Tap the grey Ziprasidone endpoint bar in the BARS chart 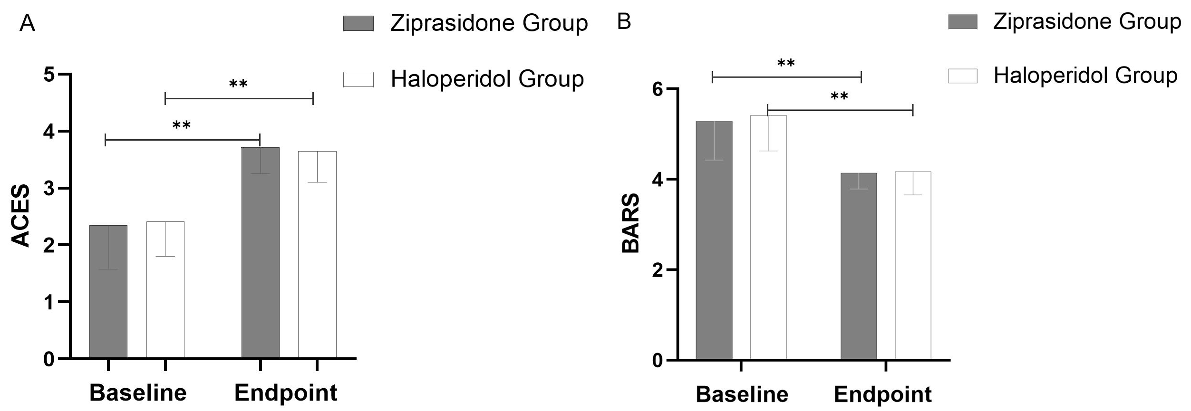pos(859,276)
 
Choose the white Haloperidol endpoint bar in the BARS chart pos(913,276)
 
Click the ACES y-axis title pos(21,216)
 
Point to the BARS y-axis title pos(631,223)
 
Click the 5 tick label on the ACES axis pos(49,75)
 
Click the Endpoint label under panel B pos(883,395)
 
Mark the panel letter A pos(27,23)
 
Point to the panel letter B pos(624,21)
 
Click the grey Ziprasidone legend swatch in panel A pos(358,23)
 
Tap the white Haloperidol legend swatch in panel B pos(963,76)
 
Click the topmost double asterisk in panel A pos(238,84)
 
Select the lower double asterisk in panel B pos(839,96)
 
